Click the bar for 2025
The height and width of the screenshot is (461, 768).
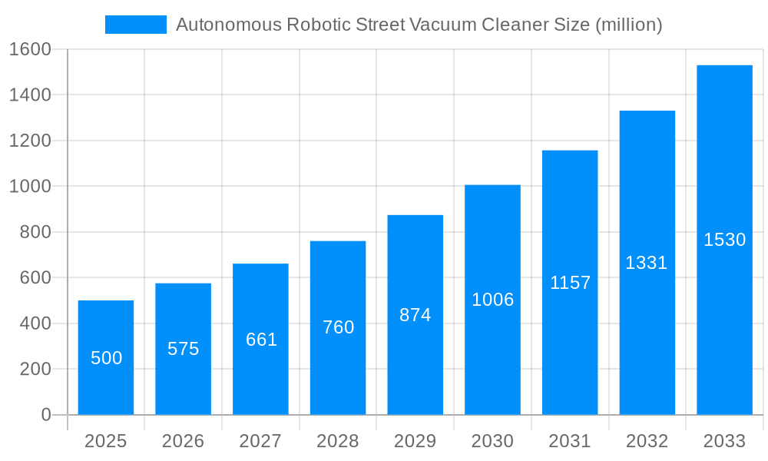pyautogui.click(x=106, y=357)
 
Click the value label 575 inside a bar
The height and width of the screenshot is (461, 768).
pyautogui.click(x=184, y=349)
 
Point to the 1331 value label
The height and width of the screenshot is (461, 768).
pyautogui.click(x=647, y=263)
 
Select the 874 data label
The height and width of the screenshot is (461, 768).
pyautogui.click(x=415, y=315)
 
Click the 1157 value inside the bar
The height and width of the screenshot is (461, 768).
pyautogui.click(x=570, y=283)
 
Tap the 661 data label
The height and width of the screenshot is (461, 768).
pyautogui.click(x=261, y=340)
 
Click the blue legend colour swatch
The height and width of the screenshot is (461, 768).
pyautogui.click(x=136, y=25)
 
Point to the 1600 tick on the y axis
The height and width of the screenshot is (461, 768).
pyautogui.click(x=30, y=49)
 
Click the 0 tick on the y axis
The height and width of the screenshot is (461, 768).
pyautogui.click(x=45, y=415)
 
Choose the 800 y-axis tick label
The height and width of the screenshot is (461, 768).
pyautogui.click(x=35, y=232)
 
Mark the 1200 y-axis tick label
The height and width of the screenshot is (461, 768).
pyautogui.click(x=30, y=141)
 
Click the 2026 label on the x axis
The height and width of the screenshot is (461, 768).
pyautogui.click(x=184, y=442)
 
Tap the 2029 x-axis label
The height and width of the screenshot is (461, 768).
pyautogui.click(x=415, y=442)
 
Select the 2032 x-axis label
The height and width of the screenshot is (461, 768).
pyautogui.click(x=647, y=442)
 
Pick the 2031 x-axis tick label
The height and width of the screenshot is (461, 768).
pyautogui.click(x=570, y=442)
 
